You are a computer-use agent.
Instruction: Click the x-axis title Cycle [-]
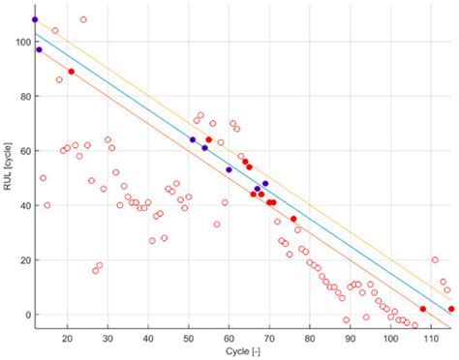[x=239, y=353]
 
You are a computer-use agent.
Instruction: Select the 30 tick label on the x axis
[x=107, y=337]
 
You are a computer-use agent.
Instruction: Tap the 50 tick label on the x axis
[x=189, y=337]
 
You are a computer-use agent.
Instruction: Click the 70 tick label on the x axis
[x=269, y=337]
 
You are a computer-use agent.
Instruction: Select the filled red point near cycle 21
[x=72, y=72]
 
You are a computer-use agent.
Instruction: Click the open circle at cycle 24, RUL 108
[x=83, y=19]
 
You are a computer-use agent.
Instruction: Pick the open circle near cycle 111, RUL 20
[x=435, y=259]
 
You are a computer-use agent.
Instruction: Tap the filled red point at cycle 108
[x=423, y=309]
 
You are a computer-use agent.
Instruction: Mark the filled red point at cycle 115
[x=451, y=309]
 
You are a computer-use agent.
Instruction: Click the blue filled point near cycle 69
[x=265, y=184]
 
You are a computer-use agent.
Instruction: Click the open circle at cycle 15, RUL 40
[x=47, y=205]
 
